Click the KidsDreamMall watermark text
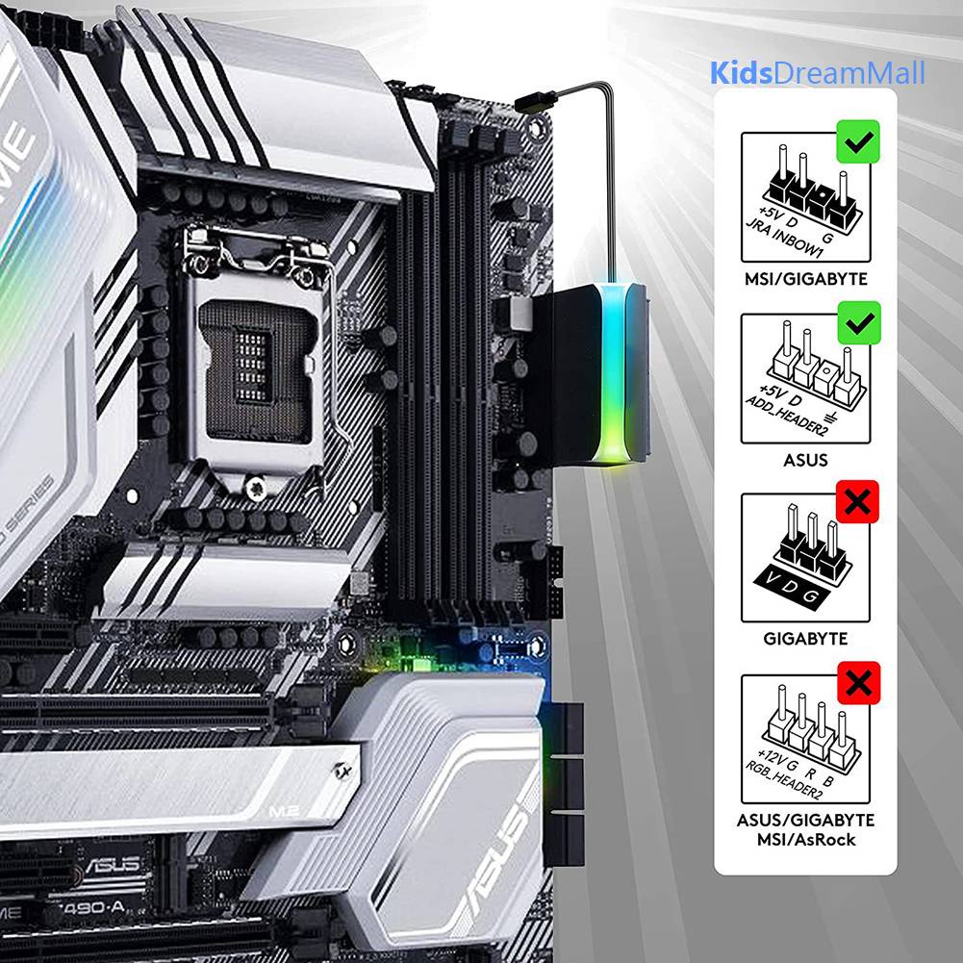tap(818, 73)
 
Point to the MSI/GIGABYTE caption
tap(804, 279)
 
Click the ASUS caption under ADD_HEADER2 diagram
tap(804, 460)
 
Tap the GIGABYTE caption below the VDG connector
tap(804, 638)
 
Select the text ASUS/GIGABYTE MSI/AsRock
tap(804, 829)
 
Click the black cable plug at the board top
tap(535, 99)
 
